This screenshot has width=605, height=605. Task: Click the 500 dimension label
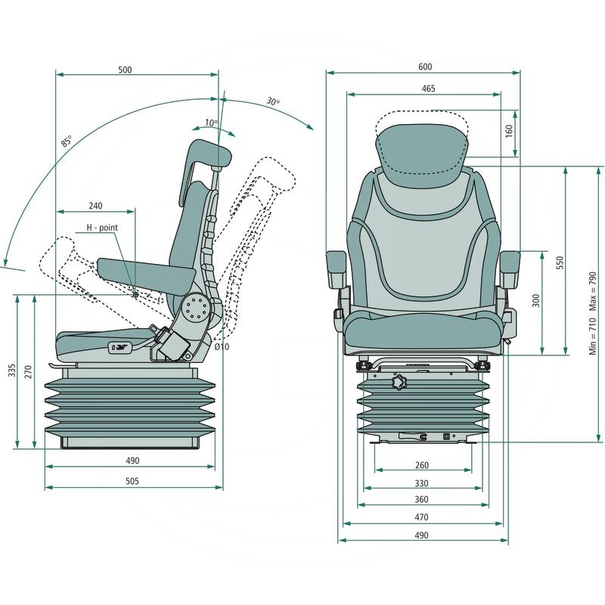click(x=125, y=70)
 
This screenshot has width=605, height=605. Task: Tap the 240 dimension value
click(x=95, y=206)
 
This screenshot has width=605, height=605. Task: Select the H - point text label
click(x=101, y=228)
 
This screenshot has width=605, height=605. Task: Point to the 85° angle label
click(x=67, y=141)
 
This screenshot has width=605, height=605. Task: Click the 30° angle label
click(x=273, y=101)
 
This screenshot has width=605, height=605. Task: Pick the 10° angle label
click(x=210, y=123)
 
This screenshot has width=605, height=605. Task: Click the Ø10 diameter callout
click(x=222, y=346)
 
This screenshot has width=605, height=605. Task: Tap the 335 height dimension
click(x=11, y=371)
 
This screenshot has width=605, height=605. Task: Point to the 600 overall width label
click(x=425, y=67)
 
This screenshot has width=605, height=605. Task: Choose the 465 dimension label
click(x=428, y=88)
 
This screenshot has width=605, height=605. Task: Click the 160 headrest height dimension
click(x=509, y=130)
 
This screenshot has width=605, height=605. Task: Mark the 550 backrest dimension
click(x=560, y=262)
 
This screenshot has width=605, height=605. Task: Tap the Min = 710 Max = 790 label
click(x=593, y=302)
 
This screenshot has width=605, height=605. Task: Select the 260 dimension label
click(x=422, y=466)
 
